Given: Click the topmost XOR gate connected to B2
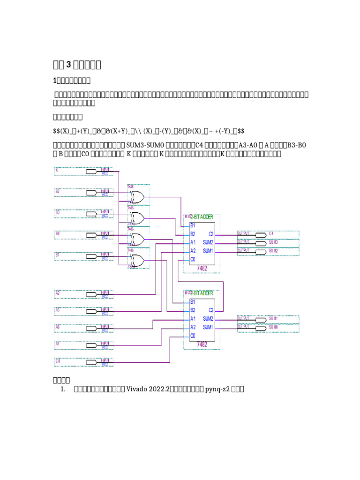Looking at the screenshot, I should pyautogui.click(x=137, y=197).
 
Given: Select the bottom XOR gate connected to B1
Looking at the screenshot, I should pyautogui.click(x=137, y=260).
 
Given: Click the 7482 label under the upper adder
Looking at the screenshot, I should pyautogui.click(x=202, y=268).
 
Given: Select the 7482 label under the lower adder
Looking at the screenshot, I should pyautogui.click(x=202, y=344).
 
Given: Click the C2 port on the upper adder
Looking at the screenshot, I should pyautogui.click(x=210, y=234).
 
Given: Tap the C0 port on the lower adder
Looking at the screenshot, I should pyautogui.click(x=193, y=336).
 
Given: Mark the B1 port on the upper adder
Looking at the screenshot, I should pyautogui.click(x=193, y=225).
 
